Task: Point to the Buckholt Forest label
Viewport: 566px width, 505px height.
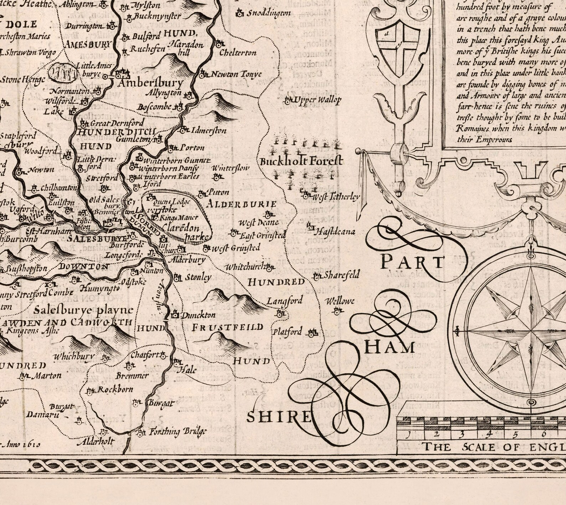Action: pos(301,161)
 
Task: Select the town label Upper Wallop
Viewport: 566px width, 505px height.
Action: pos(316,100)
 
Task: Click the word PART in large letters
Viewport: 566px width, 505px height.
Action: pos(412,262)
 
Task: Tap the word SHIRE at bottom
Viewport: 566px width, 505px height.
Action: pos(279,417)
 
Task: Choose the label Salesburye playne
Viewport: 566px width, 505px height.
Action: pos(85,310)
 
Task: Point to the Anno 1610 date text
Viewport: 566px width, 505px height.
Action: pos(21,445)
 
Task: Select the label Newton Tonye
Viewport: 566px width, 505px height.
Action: pos(236,75)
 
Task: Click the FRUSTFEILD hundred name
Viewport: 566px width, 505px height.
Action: pos(228,327)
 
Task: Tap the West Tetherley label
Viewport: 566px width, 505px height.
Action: pos(336,197)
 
